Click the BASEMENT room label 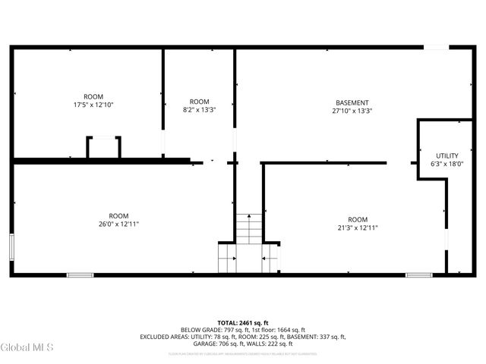(x=352, y=102)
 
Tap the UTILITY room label (x=447, y=155)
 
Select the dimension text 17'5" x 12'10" (x=93, y=105)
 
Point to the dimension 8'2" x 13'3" (x=199, y=110)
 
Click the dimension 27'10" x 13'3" (x=352, y=111)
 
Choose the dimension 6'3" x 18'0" (x=447, y=164)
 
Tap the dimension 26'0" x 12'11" (x=118, y=224)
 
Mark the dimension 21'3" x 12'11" (x=358, y=227)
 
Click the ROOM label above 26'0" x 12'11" (x=118, y=215)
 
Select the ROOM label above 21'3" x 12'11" (x=358, y=219)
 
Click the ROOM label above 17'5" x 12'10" (x=93, y=96)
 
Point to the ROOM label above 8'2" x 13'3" (x=199, y=102)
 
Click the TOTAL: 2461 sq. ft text (x=242, y=322)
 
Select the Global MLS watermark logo (x=27, y=348)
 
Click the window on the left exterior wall (x=11, y=247)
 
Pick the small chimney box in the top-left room (x=103, y=147)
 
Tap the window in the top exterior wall (x=435, y=47)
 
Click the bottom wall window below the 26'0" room (x=80, y=275)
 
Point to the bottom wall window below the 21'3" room (x=418, y=275)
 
